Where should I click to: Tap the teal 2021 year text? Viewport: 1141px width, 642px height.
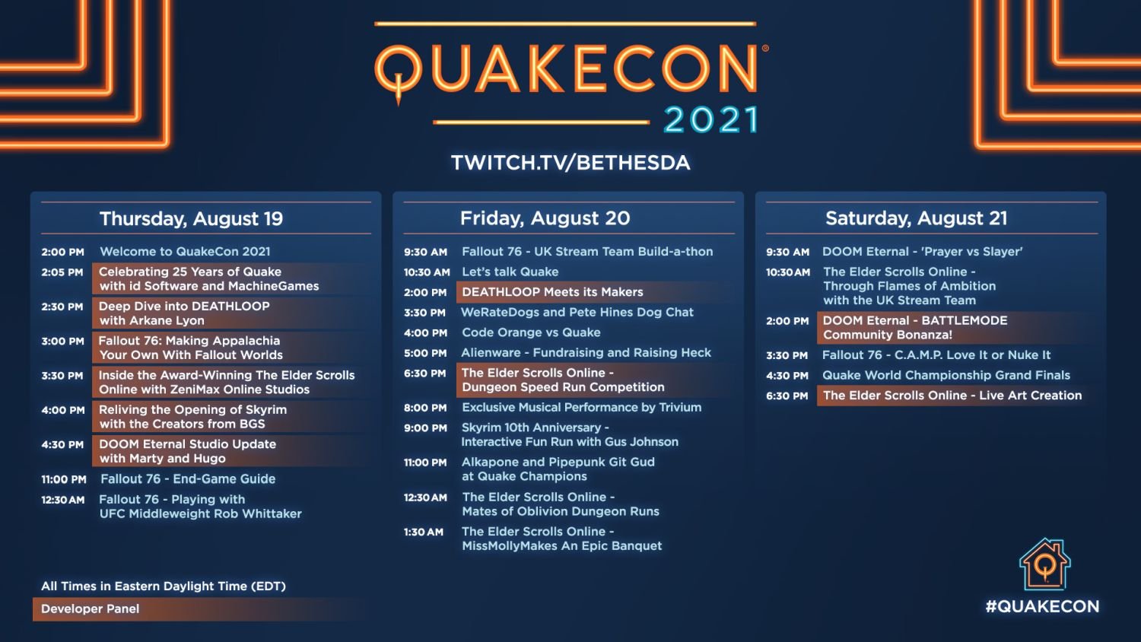click(711, 120)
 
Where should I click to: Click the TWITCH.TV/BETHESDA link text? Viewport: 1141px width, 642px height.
click(570, 163)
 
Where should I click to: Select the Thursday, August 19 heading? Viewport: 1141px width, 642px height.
click(191, 218)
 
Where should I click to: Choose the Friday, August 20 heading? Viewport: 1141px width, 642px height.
click(545, 218)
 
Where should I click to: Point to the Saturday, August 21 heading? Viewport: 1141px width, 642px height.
click(917, 218)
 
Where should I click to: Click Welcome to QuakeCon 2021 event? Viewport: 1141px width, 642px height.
click(185, 251)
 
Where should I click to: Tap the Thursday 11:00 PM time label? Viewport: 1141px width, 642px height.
click(64, 479)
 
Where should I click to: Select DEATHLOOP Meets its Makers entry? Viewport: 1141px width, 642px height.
click(552, 292)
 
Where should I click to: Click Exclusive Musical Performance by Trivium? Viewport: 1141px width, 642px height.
click(581, 408)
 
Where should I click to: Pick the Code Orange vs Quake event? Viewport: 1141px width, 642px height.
click(531, 332)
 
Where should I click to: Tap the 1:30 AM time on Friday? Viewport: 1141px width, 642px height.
click(423, 532)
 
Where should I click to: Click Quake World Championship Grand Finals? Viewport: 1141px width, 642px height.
click(946, 376)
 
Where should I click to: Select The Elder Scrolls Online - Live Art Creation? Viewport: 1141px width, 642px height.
click(952, 396)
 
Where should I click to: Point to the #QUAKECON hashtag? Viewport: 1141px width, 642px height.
click(1042, 606)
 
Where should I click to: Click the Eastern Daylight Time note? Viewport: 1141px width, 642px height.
click(163, 586)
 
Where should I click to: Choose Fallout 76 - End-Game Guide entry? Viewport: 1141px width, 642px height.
click(187, 479)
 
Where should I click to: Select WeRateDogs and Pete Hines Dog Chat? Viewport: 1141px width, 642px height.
click(577, 313)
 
